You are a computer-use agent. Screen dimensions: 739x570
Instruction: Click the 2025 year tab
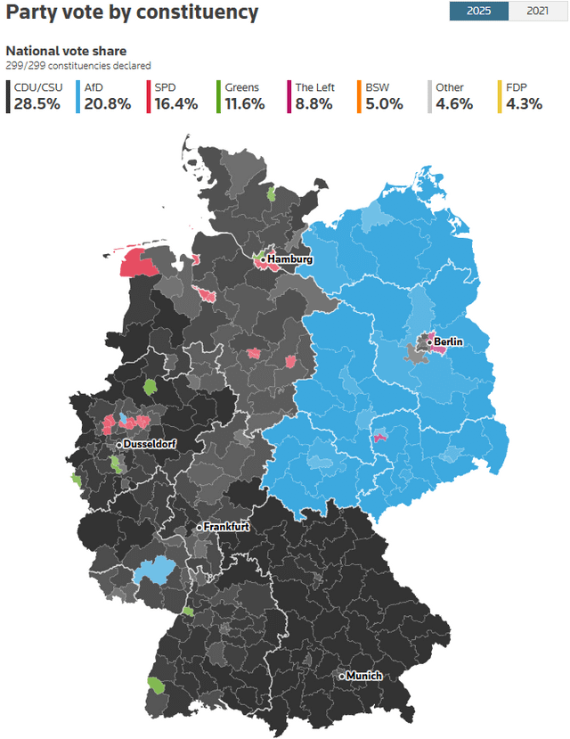tap(477, 12)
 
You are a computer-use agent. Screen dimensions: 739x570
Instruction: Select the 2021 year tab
tap(537, 12)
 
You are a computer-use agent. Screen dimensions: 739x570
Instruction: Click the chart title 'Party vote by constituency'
tap(133, 12)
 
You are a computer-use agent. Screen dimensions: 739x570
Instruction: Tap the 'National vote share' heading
tap(66, 51)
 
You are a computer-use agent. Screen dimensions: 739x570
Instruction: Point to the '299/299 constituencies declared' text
tap(78, 66)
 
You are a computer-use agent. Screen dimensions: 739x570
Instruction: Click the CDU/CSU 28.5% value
tap(37, 103)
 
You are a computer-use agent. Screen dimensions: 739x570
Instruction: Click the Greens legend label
tap(242, 87)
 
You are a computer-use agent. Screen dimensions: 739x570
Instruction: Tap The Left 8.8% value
tap(314, 103)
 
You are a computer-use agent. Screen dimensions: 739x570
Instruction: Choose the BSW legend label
tap(377, 87)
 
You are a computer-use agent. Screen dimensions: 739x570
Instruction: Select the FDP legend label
tap(517, 87)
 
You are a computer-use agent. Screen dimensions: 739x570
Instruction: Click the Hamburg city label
tap(289, 259)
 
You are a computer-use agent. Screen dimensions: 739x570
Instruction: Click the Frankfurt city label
tap(225, 527)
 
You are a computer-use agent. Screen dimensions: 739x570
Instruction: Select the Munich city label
tap(363, 676)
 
